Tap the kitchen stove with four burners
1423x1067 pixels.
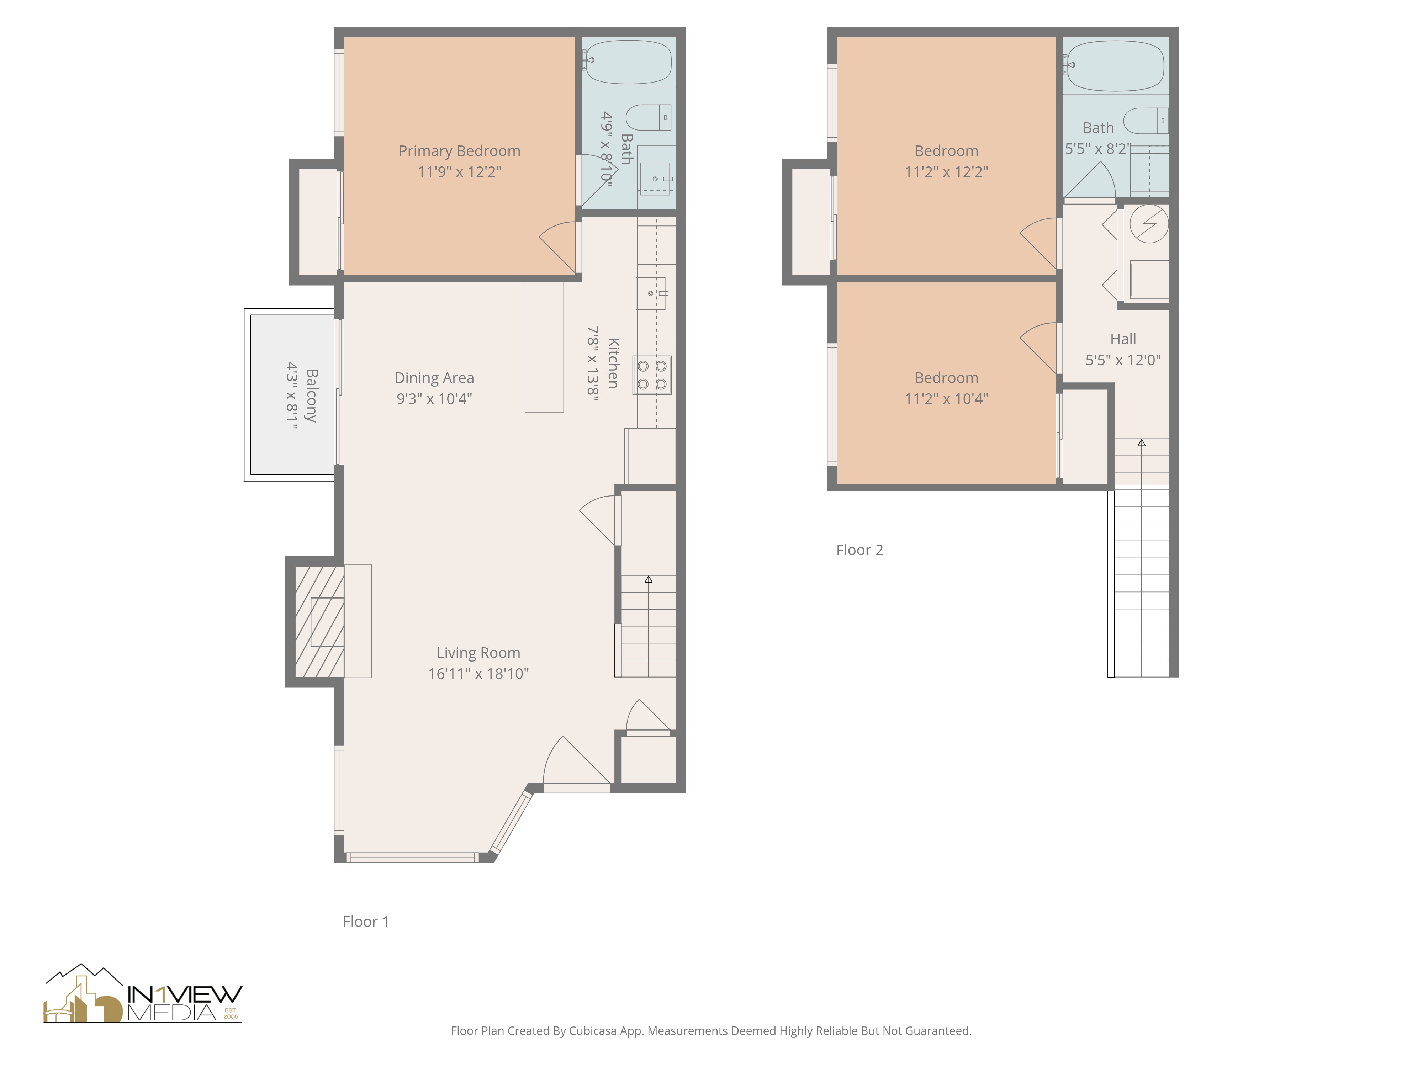652,375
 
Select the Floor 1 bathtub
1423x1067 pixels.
628,62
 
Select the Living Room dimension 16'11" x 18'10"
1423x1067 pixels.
478,673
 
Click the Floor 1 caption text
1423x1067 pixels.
365,922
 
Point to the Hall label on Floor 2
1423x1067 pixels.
1123,339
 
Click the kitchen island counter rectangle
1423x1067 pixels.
544,347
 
